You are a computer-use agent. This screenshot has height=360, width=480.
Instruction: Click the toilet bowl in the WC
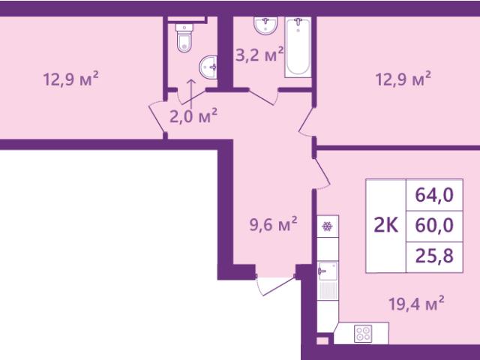[x=184, y=38]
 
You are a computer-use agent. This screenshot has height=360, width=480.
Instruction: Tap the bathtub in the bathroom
[x=298, y=46]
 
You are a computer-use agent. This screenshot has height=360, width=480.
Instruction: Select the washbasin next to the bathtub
[x=265, y=25]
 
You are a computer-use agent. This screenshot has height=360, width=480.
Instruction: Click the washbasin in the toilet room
[x=208, y=67]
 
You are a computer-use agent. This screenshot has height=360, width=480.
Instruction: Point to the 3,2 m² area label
[x=259, y=55]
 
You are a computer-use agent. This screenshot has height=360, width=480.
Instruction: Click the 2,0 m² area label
[x=193, y=115]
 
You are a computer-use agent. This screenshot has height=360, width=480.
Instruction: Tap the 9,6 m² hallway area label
[x=273, y=224]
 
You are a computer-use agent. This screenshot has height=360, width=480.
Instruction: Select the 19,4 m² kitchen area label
[x=416, y=304]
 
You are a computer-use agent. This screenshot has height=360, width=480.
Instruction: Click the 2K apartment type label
[x=386, y=226]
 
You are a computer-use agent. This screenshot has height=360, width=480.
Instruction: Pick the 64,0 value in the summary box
[x=434, y=195]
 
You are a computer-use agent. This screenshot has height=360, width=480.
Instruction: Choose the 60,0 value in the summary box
[x=434, y=226]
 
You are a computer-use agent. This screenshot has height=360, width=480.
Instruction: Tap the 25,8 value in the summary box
[x=434, y=256]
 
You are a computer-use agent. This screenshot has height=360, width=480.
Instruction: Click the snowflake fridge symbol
[x=328, y=226]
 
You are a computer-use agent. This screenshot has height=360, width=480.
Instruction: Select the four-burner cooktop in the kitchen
[x=363, y=334]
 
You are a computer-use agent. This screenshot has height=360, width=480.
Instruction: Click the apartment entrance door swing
[x=275, y=285]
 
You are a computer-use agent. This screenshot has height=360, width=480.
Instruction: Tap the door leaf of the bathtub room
[x=262, y=97]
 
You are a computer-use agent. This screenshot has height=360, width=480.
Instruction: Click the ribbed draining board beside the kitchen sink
[x=328, y=290]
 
